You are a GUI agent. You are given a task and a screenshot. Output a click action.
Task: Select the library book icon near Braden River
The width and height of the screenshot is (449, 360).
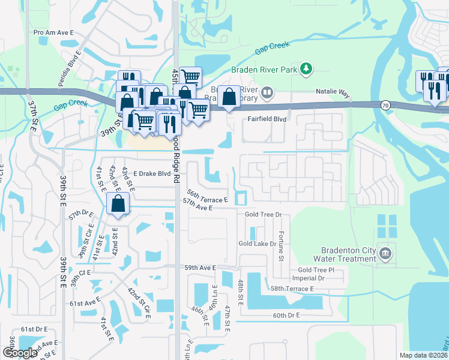(x=267, y=93)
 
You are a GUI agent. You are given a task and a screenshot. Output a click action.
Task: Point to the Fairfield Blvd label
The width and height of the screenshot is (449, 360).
(x=267, y=119)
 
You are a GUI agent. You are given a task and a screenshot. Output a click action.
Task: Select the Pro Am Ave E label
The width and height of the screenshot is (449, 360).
(x=53, y=33)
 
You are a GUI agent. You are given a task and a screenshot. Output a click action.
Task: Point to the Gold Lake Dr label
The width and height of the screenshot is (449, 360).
(x=257, y=244)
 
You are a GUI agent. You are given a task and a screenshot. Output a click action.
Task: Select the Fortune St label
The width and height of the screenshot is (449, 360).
(x=280, y=247)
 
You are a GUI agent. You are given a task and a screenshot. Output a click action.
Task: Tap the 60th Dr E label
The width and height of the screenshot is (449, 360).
(x=285, y=315)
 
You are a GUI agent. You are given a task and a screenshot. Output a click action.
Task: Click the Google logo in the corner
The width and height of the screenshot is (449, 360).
(x=20, y=353)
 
